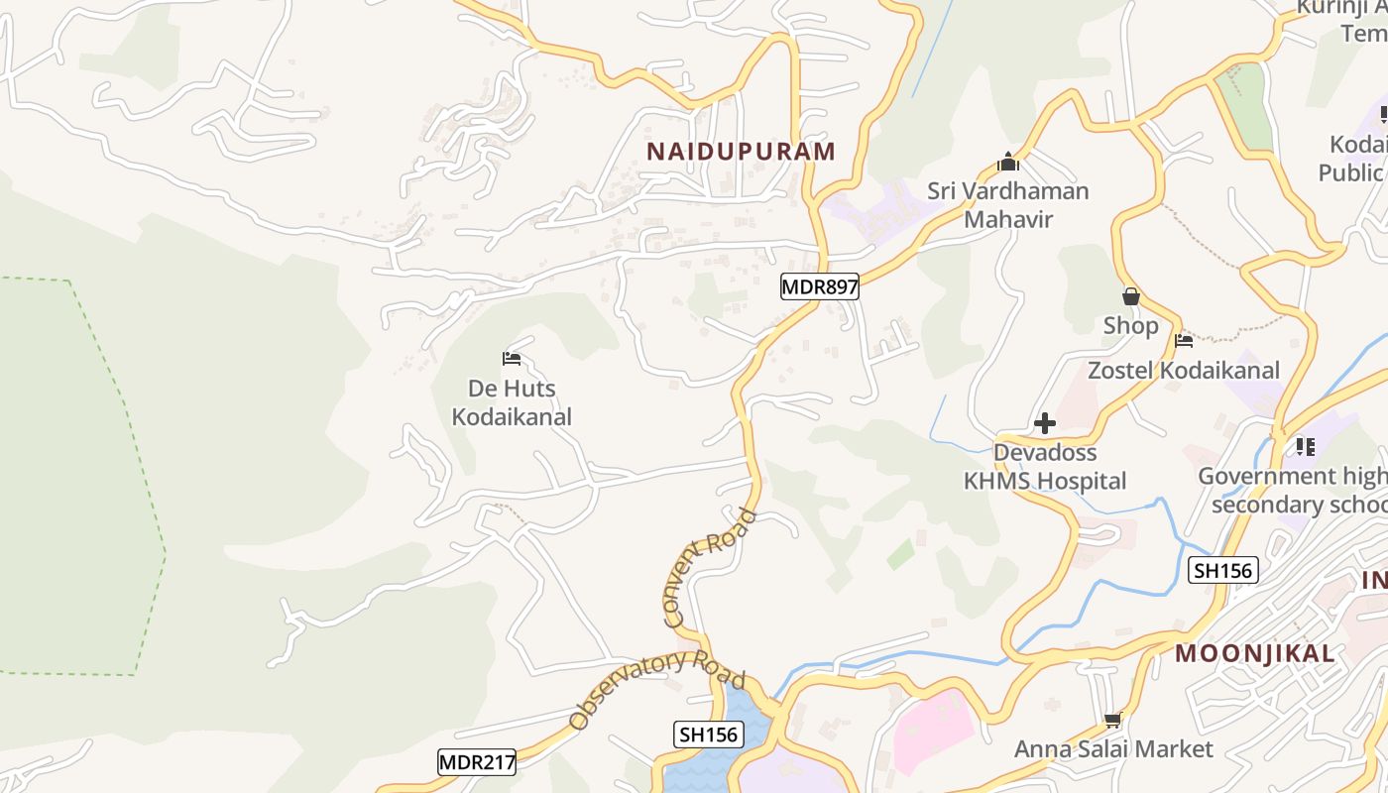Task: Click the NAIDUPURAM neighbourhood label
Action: [x=741, y=152]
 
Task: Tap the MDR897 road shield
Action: [x=819, y=287]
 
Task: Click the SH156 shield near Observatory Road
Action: [x=709, y=735]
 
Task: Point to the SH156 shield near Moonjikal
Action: [x=1223, y=570]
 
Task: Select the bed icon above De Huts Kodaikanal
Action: [x=512, y=359]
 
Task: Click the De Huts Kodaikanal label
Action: [x=512, y=402]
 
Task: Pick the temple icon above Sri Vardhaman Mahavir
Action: [x=1008, y=162]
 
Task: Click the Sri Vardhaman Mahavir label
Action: [x=1008, y=205]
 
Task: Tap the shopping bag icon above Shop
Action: [x=1130, y=296]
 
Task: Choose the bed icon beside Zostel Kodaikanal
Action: [x=1184, y=342]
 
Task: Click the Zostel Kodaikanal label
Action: [x=1184, y=371]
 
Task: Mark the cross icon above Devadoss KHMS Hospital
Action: [x=1045, y=424]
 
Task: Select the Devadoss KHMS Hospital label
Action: [x=1045, y=467]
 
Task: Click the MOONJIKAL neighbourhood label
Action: [x=1255, y=654]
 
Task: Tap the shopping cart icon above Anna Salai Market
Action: [x=1112, y=721]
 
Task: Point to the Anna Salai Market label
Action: [x=1113, y=749]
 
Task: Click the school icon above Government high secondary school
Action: [x=1305, y=447]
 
